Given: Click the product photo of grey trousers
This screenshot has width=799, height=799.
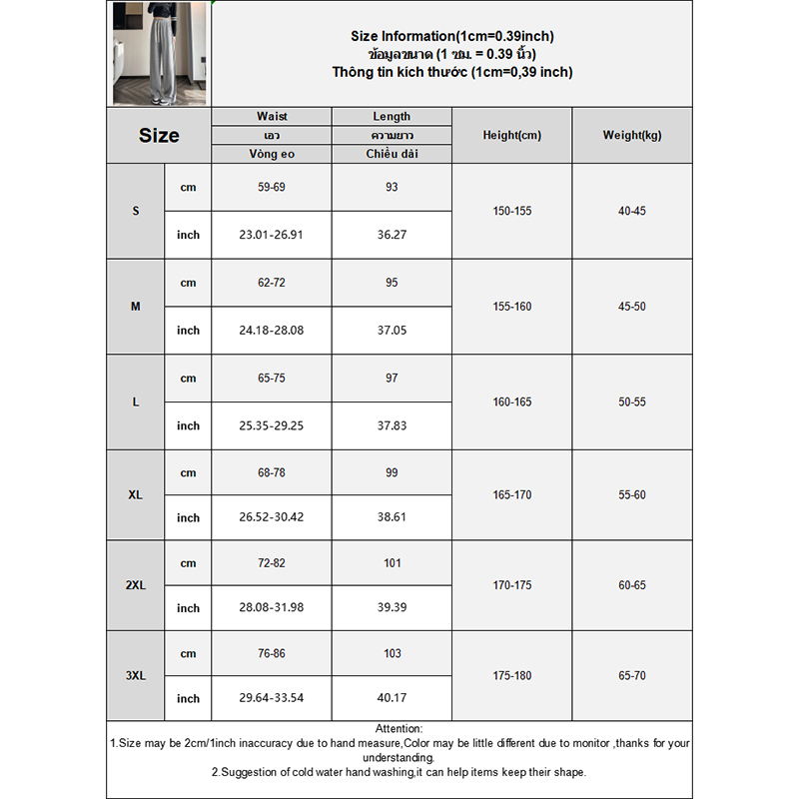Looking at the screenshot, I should coord(160,53).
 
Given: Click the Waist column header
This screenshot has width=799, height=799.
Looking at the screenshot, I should coord(272,117).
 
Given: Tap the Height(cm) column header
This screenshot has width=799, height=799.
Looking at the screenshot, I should coord(511,136).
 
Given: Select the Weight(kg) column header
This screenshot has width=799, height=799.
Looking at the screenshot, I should coord(632,136).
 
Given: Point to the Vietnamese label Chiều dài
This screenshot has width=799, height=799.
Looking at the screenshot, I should coord(392,154).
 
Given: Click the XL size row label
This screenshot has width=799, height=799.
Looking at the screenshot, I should coord(136,495).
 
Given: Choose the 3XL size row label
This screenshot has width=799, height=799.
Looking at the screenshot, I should coord(136,675).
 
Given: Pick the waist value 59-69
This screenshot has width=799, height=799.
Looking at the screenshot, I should coord(272,187).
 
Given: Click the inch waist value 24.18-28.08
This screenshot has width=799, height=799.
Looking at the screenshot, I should coord(272,331).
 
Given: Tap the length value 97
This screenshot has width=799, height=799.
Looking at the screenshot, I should coord(392,379).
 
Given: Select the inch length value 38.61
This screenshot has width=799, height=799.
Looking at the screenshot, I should coord(392,518).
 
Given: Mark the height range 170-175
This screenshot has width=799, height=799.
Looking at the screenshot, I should coord(511,585).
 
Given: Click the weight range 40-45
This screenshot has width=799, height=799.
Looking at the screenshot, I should coord(632,212).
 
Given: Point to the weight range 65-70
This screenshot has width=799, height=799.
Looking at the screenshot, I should coord(632,676).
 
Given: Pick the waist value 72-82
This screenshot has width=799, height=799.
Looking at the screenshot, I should coord(272,563).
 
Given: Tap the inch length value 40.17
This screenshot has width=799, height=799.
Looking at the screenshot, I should coord(392,699).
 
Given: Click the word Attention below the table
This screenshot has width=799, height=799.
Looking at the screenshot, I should coord(399,730).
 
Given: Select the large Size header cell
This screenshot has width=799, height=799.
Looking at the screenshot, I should coord(160,136).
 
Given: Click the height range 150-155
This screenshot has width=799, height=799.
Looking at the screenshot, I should coord(511,212).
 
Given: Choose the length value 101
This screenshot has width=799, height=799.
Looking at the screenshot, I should coord(392,563).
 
